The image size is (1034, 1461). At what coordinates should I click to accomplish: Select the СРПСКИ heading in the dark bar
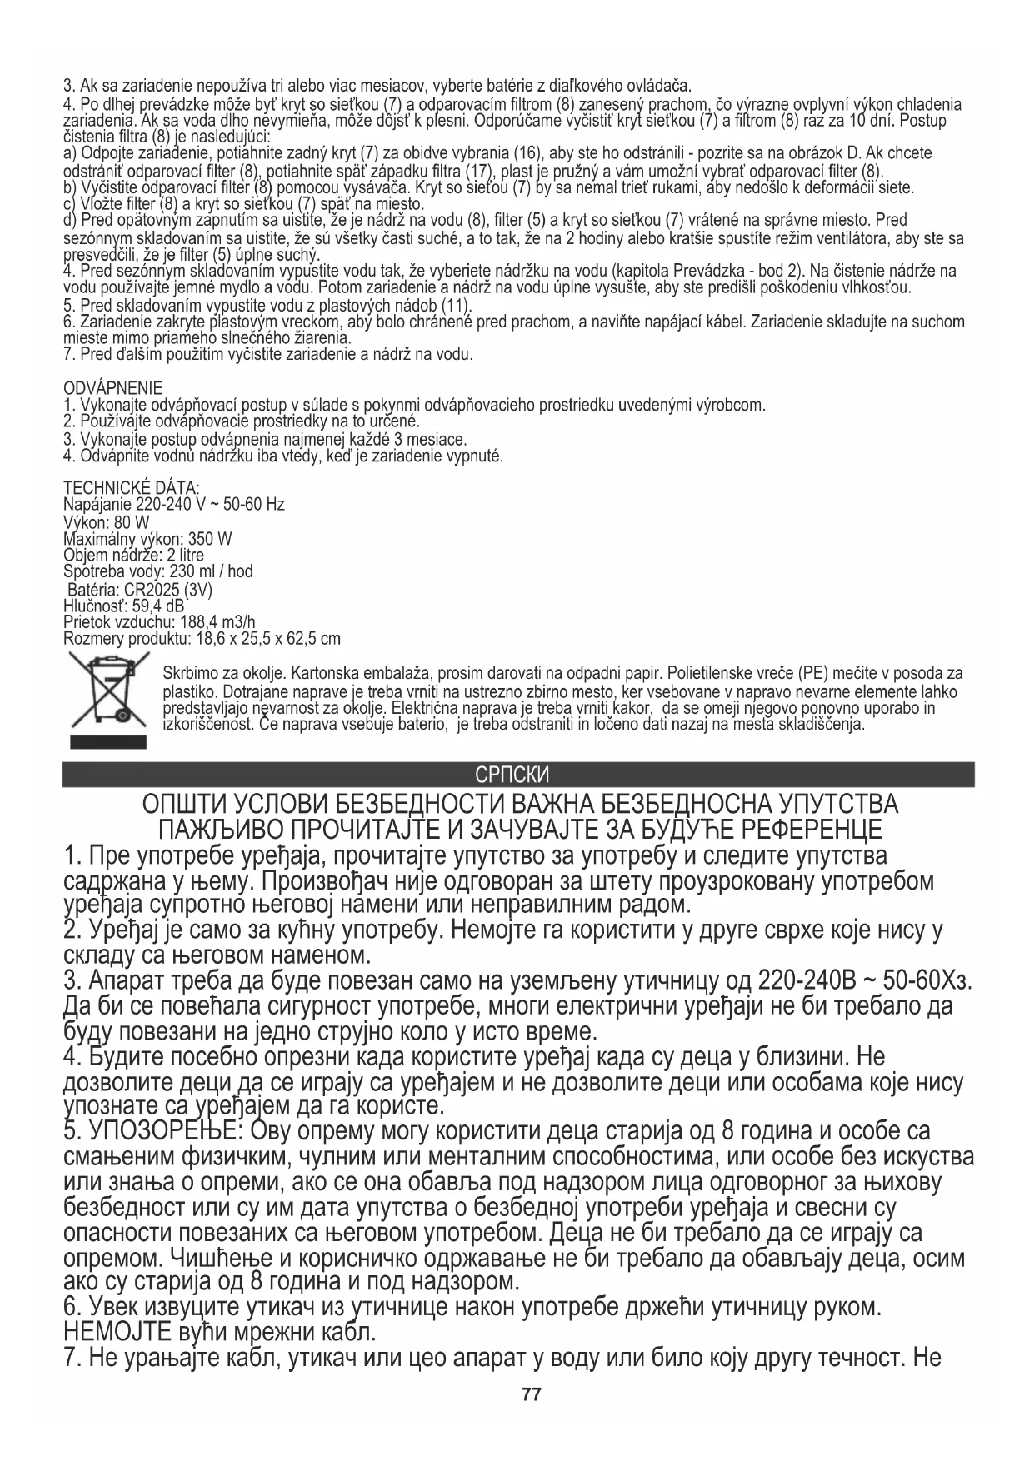pyautogui.click(x=512, y=775)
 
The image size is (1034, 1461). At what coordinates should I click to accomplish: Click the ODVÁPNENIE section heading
pyautogui.click(x=113, y=388)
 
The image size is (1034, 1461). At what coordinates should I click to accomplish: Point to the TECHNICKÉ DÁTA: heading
pyautogui.click(x=132, y=487)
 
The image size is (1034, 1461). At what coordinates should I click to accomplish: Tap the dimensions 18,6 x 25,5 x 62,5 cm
pyautogui.click(x=267, y=639)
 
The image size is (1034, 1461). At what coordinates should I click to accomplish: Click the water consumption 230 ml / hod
pyautogui.click(x=211, y=571)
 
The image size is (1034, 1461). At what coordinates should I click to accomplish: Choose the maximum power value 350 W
pyautogui.click(x=210, y=538)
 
